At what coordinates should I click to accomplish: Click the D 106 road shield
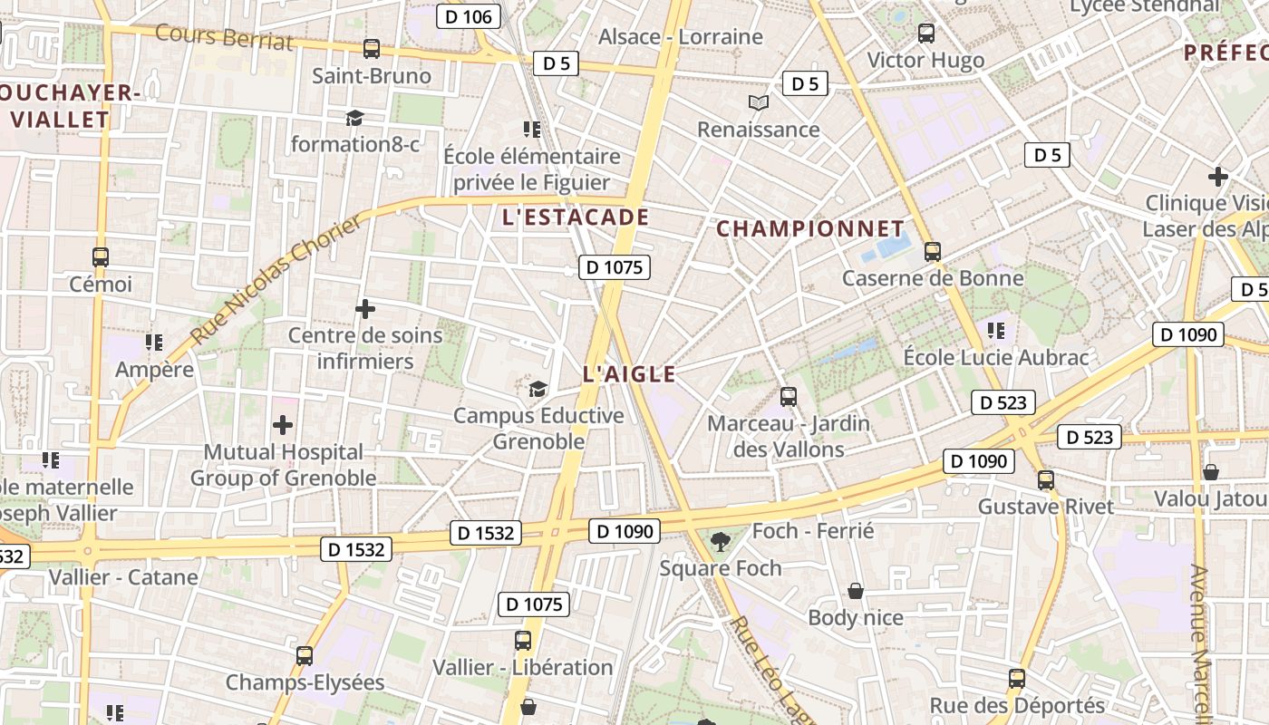point(469,16)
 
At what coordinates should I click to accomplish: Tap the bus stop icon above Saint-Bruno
point(372,49)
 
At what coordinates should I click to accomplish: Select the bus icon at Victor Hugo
point(925,34)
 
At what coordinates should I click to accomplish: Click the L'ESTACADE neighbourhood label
point(576,217)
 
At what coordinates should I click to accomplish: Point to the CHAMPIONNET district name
point(810,229)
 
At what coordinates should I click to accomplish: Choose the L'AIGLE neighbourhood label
point(630,374)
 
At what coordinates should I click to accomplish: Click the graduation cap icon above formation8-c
point(354,118)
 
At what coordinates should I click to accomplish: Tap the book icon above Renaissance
point(758,103)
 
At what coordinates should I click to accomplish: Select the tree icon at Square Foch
point(721,542)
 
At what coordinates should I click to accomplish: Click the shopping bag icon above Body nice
point(855,592)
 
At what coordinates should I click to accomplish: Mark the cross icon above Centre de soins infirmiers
point(365,309)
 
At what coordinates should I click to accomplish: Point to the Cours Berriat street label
point(224,37)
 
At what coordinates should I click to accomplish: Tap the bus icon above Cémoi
point(101,257)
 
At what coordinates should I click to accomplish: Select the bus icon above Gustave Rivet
point(1046,480)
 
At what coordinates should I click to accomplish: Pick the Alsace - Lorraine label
point(681,37)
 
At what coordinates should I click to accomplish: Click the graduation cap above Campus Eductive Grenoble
point(538,390)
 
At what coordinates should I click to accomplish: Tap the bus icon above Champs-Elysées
point(305,656)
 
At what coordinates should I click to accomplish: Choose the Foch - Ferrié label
point(813,531)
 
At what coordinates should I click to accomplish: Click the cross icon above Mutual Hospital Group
point(283,425)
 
